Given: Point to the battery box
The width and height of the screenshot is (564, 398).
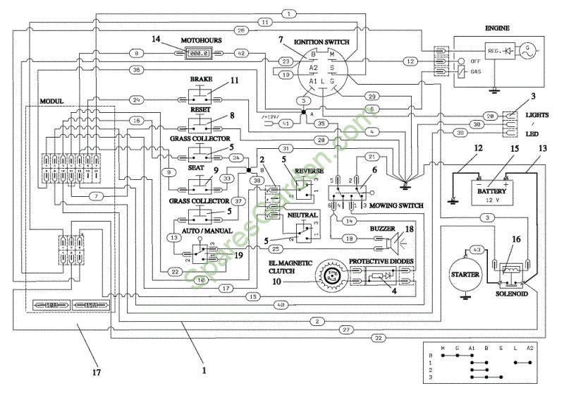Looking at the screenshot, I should pos(492,192).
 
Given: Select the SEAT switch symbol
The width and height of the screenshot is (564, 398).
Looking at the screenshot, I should pos(200,188).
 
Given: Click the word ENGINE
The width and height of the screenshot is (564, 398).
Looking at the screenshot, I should pos(497,28).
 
